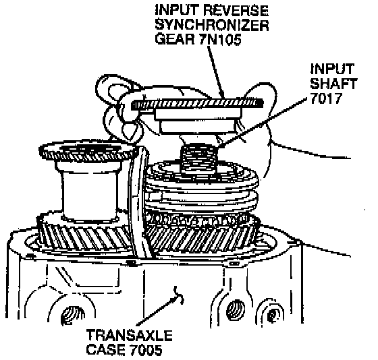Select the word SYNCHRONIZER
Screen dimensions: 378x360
pyautogui.click(x=212, y=24)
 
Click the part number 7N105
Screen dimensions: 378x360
pyautogui.click(x=220, y=39)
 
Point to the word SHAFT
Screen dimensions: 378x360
pyautogui.click(x=333, y=84)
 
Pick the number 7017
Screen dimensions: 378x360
pyautogui.click(x=326, y=98)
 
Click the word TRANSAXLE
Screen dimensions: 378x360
pyautogui.click(x=130, y=335)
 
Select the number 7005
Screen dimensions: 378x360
pyautogui.click(x=146, y=350)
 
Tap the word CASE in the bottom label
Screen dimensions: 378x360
pyautogui.click(x=106, y=350)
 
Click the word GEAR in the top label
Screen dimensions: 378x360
pyautogui.click(x=175, y=39)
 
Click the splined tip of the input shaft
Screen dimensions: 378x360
pyautogui.click(x=198, y=158)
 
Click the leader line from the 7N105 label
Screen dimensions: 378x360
pyautogui.click(x=216, y=71)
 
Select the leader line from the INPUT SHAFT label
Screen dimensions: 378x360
pyautogui.click(x=263, y=122)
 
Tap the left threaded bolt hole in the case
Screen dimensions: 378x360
pyautogui.click(x=73, y=316)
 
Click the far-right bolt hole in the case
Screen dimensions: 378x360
pyautogui.click(x=273, y=314)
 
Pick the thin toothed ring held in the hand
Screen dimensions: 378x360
pyautogui.click(x=197, y=104)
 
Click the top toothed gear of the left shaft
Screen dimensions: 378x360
pyautogui.click(x=88, y=152)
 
